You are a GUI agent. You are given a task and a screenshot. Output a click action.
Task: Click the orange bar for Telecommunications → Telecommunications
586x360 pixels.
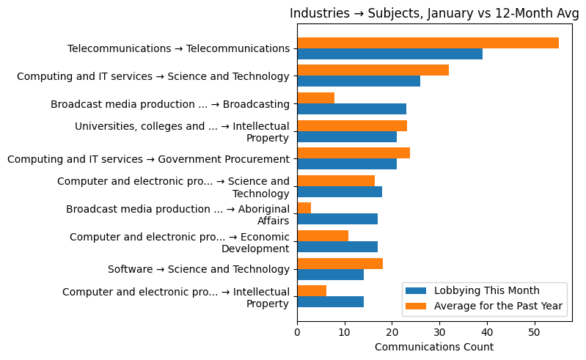(428, 43)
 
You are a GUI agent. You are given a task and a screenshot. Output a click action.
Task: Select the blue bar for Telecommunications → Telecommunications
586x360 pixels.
(389, 54)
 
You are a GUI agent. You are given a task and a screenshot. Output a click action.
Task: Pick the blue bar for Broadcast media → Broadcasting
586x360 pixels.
(351, 109)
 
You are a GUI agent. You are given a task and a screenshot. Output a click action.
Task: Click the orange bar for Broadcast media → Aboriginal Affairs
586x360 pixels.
(304, 208)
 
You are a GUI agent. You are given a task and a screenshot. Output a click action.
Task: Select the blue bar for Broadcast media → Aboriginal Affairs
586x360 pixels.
(337, 219)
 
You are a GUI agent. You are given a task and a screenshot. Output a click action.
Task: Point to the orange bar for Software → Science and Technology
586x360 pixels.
(340, 263)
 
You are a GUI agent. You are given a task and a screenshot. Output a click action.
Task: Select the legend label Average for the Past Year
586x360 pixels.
(498, 305)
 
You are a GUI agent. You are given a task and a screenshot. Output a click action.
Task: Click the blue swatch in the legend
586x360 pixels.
(416, 290)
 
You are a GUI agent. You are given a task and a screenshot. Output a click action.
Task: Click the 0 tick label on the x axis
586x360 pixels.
(297, 332)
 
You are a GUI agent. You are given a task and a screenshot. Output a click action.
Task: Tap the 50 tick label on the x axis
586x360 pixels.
(535, 332)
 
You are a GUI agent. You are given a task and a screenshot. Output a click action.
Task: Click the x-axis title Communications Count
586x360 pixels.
(433, 347)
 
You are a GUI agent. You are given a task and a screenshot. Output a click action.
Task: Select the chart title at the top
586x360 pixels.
(433, 13)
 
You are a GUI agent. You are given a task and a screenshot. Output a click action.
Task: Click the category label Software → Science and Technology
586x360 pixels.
(199, 269)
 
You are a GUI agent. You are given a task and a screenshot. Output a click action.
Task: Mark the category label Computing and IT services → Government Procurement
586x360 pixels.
(148, 159)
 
